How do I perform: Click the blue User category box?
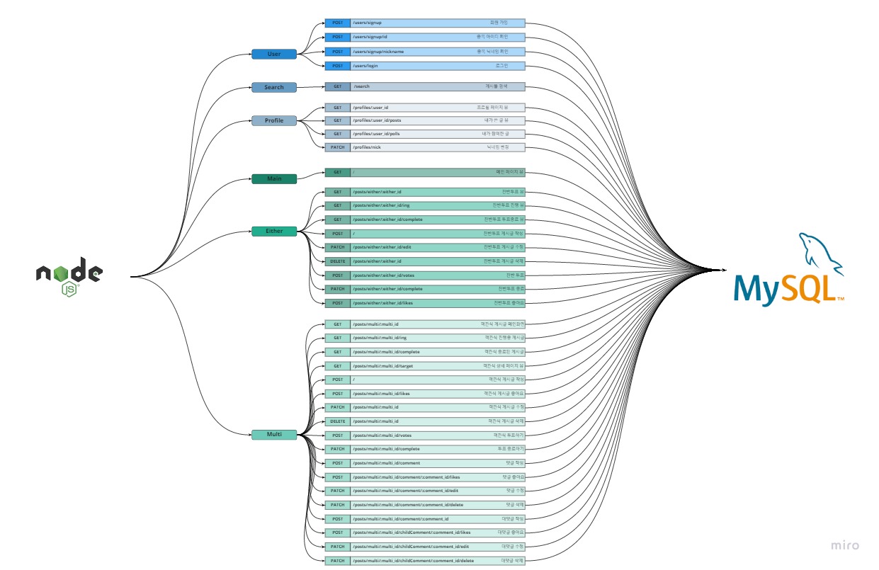pyautogui.click(x=273, y=54)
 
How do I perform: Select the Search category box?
pyautogui.click(x=273, y=87)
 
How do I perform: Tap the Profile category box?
pyautogui.click(x=273, y=120)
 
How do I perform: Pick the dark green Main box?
pyautogui.click(x=273, y=178)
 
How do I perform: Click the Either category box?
pyautogui.click(x=273, y=232)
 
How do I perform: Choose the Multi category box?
pyautogui.click(x=273, y=435)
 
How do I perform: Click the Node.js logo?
pyautogui.click(x=69, y=275)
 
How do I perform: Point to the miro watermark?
pyautogui.click(x=845, y=545)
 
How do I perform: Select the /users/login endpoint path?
pyautogui.click(x=365, y=66)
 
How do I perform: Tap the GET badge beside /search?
pyautogui.click(x=337, y=86)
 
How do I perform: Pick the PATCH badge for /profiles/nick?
pyautogui.click(x=337, y=147)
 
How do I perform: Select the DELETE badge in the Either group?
pyautogui.click(x=337, y=261)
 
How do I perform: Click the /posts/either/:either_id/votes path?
pyautogui.click(x=382, y=275)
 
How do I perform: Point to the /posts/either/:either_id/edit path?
pyautogui.click(x=381, y=247)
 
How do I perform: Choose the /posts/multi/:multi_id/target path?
pyautogui.click(x=382, y=366)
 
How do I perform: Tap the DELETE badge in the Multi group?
pyautogui.click(x=337, y=421)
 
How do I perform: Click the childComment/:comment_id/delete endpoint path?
pyautogui.click(x=413, y=561)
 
